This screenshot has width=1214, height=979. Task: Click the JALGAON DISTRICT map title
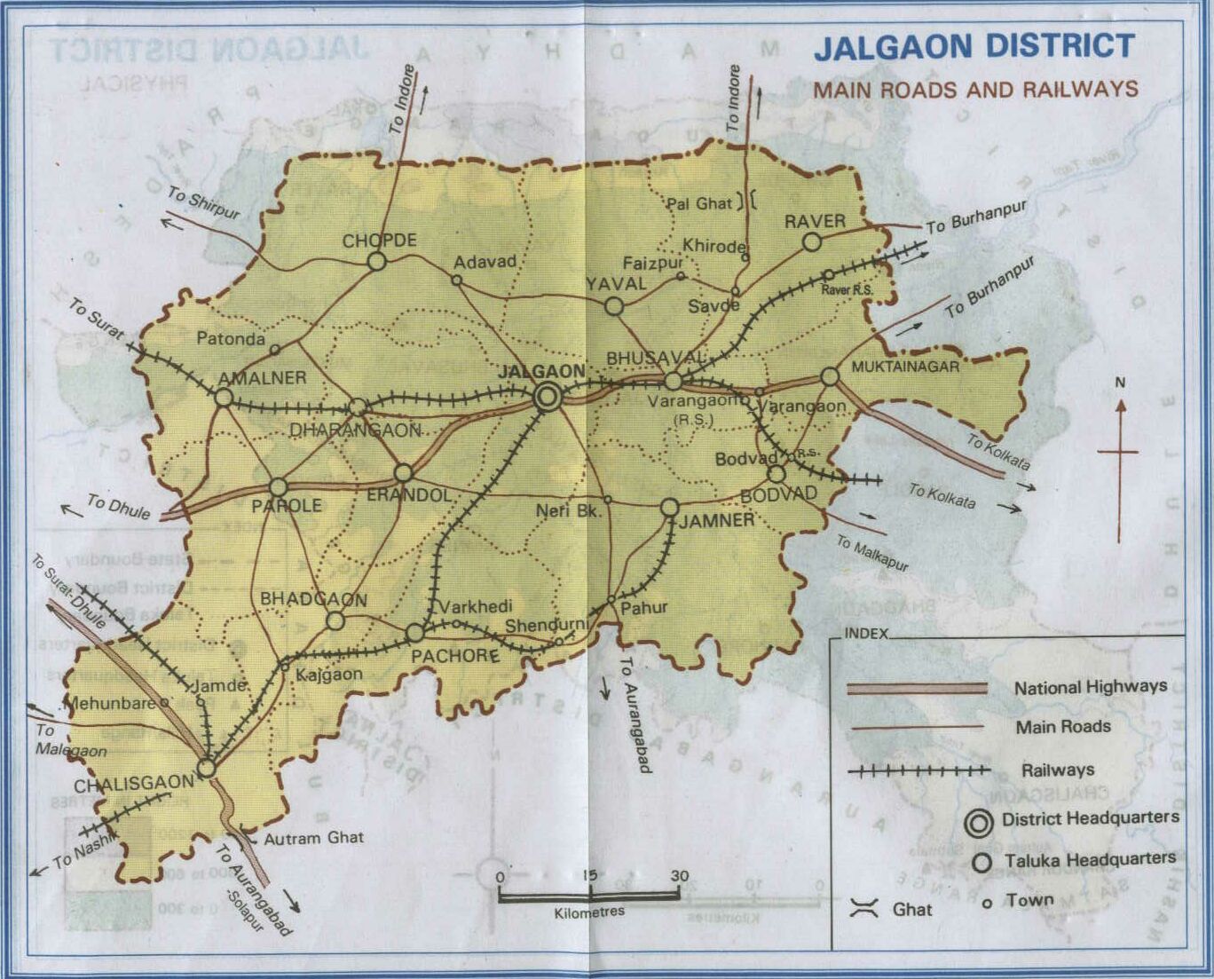[974, 47]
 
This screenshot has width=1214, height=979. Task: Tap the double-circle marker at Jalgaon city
[548, 397]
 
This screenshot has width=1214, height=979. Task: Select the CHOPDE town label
[379, 241]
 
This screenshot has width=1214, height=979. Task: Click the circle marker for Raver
[811, 241]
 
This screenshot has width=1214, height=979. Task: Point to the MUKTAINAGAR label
[905, 366]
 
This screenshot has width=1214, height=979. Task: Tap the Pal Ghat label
[699, 203]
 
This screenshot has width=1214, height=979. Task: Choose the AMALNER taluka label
[262, 378]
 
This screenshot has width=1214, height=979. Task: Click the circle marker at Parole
[279, 486]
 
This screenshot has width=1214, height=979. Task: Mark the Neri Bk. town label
[568, 511]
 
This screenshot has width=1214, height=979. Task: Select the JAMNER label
[716, 521]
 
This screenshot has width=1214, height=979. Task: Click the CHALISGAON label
[133, 785]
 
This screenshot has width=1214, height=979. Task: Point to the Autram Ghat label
[313, 837]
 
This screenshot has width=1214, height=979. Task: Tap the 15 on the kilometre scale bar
[589, 875]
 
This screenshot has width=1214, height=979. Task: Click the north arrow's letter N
[1120, 383]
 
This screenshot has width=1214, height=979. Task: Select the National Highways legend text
[1090, 686]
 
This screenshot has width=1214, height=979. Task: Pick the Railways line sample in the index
[918, 770]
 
